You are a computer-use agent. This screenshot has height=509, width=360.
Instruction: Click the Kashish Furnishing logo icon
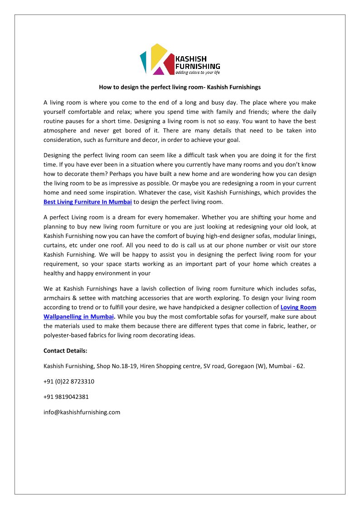point(157,59)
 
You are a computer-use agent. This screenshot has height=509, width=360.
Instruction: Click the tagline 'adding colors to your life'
point(198,73)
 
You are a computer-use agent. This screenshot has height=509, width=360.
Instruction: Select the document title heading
point(180,87)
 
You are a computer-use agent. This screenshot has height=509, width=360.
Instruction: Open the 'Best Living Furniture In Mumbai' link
point(88,202)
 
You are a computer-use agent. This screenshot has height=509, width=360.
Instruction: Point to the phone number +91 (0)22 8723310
point(69,381)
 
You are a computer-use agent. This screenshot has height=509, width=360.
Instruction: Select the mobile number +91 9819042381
point(66,397)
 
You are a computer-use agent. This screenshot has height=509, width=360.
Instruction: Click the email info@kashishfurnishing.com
point(82,412)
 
